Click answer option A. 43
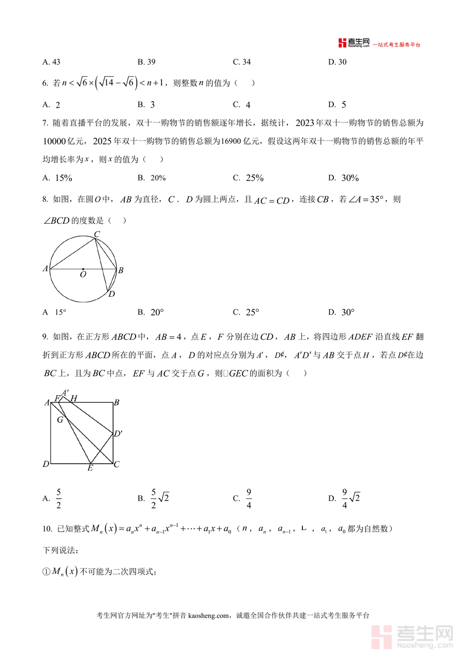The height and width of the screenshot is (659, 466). tap(52, 62)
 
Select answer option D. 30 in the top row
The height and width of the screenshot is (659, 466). tap(338, 62)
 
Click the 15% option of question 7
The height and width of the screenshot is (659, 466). tap(57, 178)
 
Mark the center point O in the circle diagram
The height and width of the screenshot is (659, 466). tap(83, 269)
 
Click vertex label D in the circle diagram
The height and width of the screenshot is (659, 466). tap(111, 294)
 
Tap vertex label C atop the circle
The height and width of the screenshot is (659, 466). tap(96, 235)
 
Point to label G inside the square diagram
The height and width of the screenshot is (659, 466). tap(60, 420)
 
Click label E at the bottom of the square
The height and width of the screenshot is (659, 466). tap(90, 468)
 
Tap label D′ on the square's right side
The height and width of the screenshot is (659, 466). tap(118, 434)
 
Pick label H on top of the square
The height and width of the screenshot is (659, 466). tap(74, 398)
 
